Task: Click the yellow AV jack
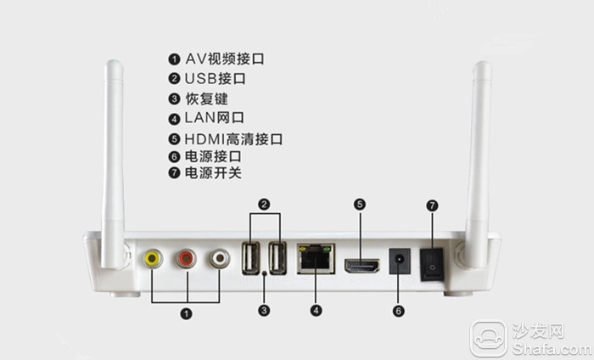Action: [x=153, y=258]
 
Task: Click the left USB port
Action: [x=252, y=257]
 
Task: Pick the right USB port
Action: [x=277, y=257]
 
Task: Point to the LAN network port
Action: [x=316, y=258]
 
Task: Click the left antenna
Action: [x=112, y=161]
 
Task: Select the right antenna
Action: [x=480, y=161]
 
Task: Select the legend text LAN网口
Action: [x=215, y=118]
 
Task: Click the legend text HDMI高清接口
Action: [x=233, y=138]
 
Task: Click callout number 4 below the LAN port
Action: [x=316, y=310]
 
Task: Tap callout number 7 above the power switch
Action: [x=431, y=205]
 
